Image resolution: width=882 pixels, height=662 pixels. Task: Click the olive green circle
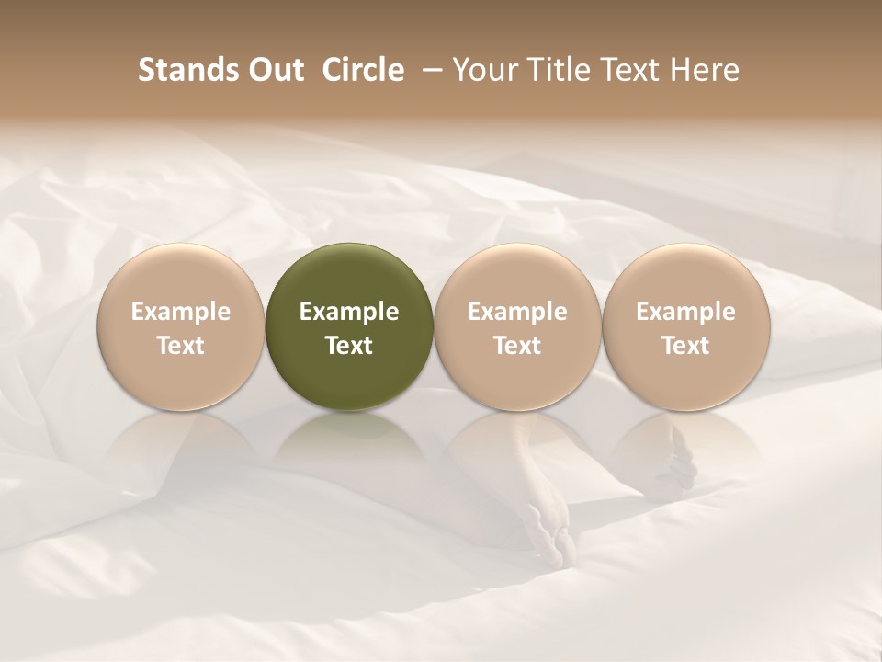pyautogui.click(x=349, y=326)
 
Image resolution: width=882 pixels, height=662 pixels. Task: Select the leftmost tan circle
pyautogui.click(x=181, y=326)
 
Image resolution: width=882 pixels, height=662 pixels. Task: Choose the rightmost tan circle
pyautogui.click(x=686, y=326)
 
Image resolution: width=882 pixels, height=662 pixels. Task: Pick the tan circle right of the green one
pyautogui.click(x=517, y=326)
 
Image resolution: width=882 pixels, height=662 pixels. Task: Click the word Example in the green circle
pyautogui.click(x=349, y=312)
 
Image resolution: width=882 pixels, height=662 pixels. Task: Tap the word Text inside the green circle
pyautogui.click(x=349, y=346)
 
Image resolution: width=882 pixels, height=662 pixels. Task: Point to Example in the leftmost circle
pyautogui.click(x=181, y=312)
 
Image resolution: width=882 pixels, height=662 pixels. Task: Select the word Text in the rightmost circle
pyautogui.click(x=686, y=346)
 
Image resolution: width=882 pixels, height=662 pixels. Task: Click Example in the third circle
pyautogui.click(x=517, y=312)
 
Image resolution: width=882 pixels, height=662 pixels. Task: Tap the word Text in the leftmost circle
pyautogui.click(x=181, y=346)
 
